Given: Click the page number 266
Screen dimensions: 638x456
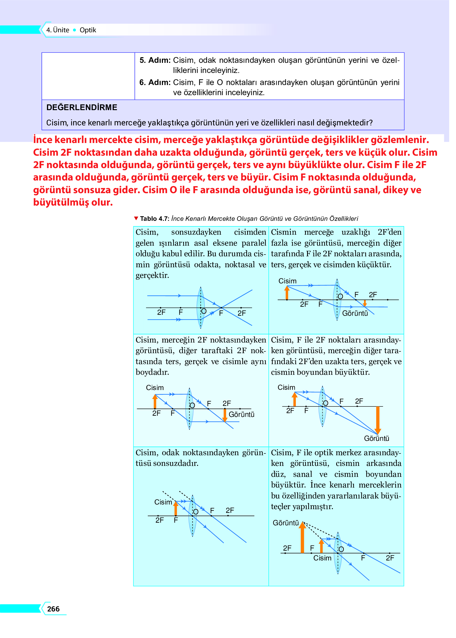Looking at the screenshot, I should (x=53, y=609).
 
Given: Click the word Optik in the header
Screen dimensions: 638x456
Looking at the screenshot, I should (x=88, y=30).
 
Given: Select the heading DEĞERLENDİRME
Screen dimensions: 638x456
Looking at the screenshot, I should (x=82, y=107).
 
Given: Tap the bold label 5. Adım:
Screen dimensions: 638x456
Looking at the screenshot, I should (x=155, y=60).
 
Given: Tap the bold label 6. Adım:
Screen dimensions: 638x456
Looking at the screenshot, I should (x=155, y=82).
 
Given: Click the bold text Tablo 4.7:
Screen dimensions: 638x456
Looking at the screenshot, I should (x=154, y=219).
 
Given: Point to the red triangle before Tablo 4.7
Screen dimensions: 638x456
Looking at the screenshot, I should (x=136, y=218).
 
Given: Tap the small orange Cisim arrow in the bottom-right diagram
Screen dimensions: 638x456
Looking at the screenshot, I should (x=321, y=546).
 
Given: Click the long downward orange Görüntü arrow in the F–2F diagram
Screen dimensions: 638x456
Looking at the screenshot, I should (x=378, y=420).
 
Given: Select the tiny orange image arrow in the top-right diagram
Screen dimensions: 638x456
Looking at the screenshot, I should (x=365, y=303).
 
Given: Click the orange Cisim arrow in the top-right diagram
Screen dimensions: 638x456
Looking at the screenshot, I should (x=287, y=293).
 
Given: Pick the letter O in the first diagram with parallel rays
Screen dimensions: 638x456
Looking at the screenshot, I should (x=204, y=311).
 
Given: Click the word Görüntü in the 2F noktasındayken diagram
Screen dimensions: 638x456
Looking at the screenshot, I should (x=241, y=414).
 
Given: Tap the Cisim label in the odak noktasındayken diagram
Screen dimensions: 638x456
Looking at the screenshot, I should (x=163, y=502).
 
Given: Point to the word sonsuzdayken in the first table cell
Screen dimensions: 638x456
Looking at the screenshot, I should (x=196, y=232).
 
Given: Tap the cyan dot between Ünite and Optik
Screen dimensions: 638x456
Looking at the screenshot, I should (x=75, y=30).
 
